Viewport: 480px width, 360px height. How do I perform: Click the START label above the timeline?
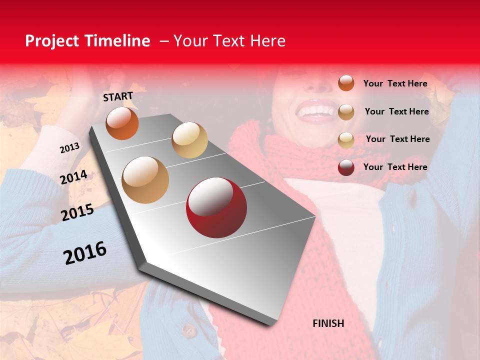tap(118, 96)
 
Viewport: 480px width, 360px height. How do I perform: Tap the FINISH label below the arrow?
tap(328, 323)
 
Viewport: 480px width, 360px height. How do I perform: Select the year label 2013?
tap(70, 148)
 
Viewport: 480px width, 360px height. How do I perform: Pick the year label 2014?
tap(74, 177)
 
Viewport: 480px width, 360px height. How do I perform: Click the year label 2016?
tap(85, 253)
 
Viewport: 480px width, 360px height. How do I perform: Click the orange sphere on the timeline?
tap(122, 123)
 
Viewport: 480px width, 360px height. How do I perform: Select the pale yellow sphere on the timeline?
tap(189, 140)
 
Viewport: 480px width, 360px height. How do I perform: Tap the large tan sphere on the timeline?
tap(145, 179)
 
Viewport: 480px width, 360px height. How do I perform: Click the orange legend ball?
tap(346, 83)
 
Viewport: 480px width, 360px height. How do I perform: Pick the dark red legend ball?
tap(346, 167)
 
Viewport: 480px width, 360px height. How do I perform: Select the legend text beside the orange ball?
tap(395, 83)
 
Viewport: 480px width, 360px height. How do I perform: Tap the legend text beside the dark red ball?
tap(395, 167)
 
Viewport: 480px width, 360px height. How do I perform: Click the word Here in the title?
tap(267, 41)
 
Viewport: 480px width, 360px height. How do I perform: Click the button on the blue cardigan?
tap(188, 330)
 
